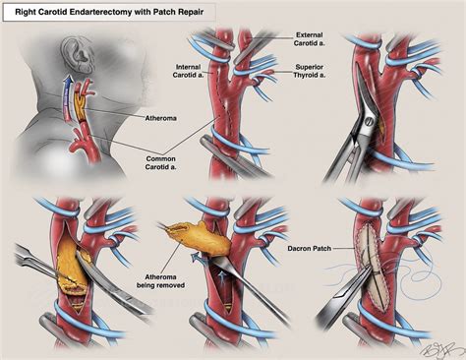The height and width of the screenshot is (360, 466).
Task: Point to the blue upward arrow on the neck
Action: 68,94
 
